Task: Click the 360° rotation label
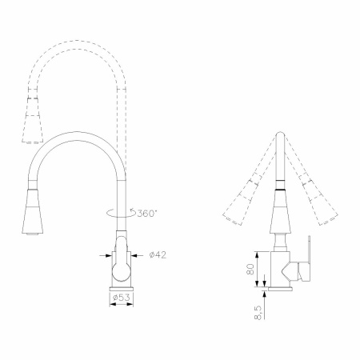click(147, 214)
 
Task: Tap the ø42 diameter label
click(158, 255)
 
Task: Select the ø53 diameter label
click(122, 298)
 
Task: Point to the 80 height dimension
click(250, 269)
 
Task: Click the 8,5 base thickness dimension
click(258, 313)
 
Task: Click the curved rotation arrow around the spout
click(122, 213)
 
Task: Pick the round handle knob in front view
click(121, 272)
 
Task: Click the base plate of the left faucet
click(122, 289)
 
